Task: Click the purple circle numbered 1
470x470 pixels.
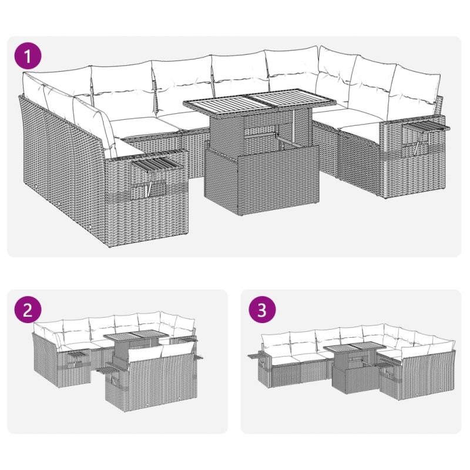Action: pyautogui.click(x=28, y=56)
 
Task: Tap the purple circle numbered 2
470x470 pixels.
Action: pyautogui.click(x=28, y=310)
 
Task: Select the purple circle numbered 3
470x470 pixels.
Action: pyautogui.click(x=261, y=310)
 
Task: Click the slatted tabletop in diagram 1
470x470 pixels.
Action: pyautogui.click(x=260, y=102)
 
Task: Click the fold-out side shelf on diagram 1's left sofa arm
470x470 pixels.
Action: pyautogui.click(x=156, y=163)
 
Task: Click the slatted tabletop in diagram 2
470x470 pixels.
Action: pyautogui.click(x=136, y=335)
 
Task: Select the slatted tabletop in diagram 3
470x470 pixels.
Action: pyautogui.click(x=355, y=347)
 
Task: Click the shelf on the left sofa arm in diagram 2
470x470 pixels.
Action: pyautogui.click(x=78, y=355)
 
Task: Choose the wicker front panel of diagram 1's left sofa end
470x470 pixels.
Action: pyautogui.click(x=147, y=198)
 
